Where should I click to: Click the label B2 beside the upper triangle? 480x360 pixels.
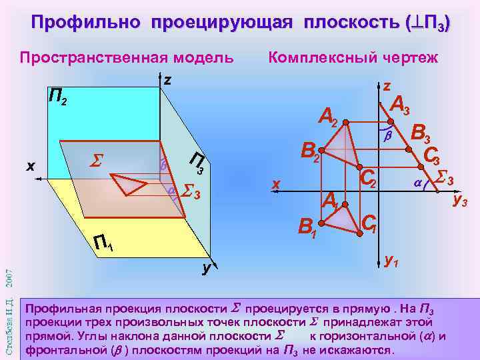point(311,152)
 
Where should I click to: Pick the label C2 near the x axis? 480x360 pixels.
point(368,178)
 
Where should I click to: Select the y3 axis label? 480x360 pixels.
point(461,198)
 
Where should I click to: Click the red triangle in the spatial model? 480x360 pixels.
point(127,182)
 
